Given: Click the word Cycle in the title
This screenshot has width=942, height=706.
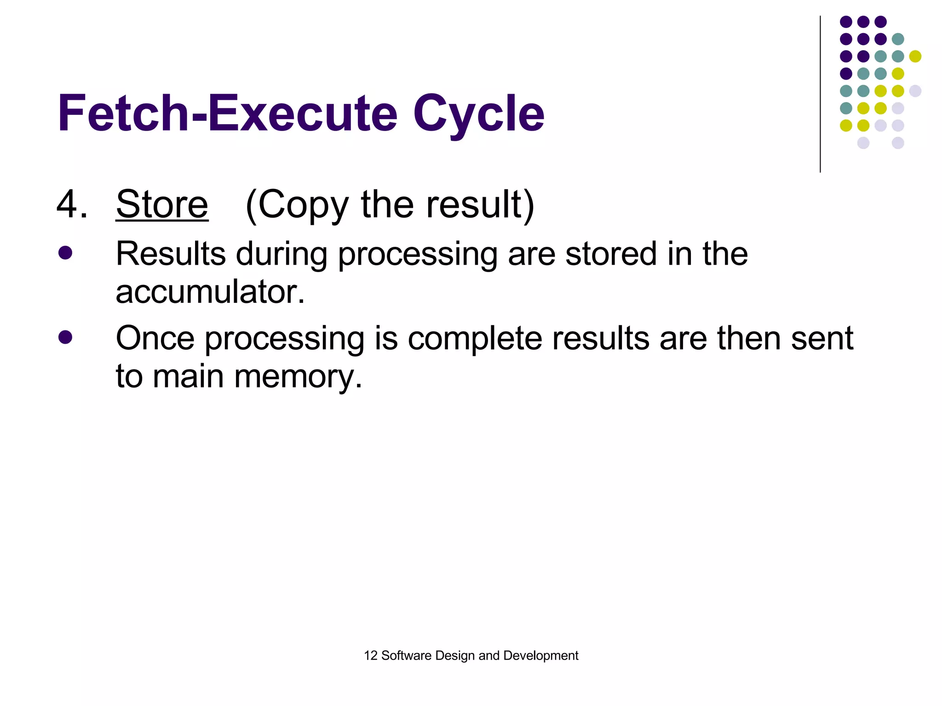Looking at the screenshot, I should point(478,114).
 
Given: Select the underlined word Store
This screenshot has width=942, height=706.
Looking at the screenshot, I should point(162,205).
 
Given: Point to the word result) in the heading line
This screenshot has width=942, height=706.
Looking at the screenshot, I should point(480,205).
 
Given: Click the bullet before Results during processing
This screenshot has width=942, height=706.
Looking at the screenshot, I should point(65,253).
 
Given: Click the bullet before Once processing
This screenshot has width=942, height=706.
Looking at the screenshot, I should point(65,337).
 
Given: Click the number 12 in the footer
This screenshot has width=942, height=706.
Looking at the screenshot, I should point(370,655).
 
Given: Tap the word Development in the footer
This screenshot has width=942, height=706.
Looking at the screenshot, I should point(540,656).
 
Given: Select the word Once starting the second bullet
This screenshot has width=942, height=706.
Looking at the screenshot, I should point(155,338).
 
